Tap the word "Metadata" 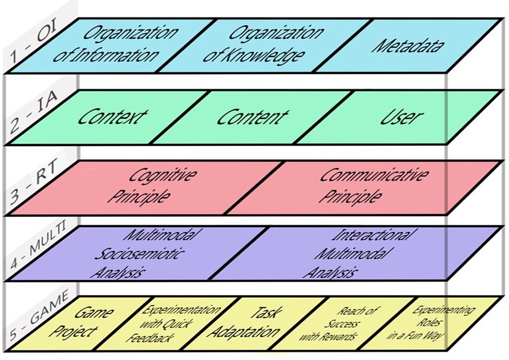pyautogui.click(x=409, y=45)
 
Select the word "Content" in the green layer pyautogui.click(x=252, y=118)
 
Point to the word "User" pyautogui.click(x=402, y=118)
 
